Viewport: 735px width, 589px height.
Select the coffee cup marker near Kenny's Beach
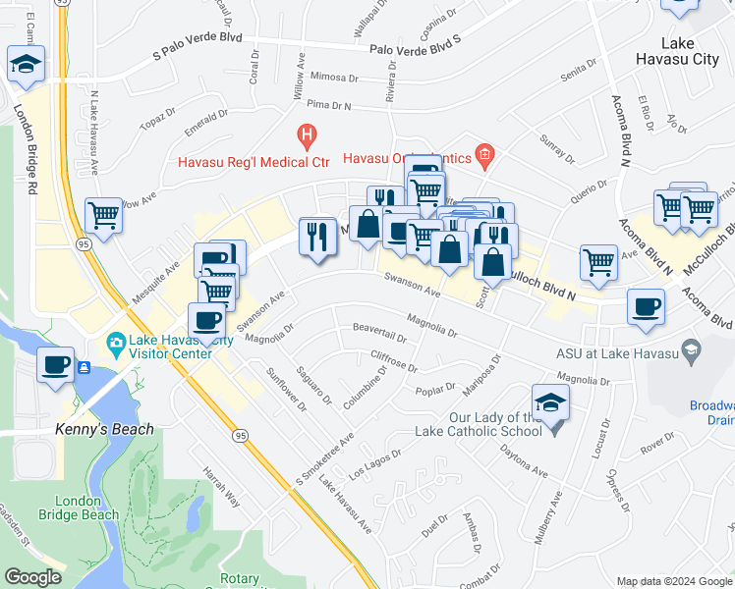(56, 365)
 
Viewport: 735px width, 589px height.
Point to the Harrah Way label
(221, 485)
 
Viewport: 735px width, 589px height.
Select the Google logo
(32, 577)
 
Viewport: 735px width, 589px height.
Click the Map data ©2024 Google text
(674, 580)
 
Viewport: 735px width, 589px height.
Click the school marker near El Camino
(24, 65)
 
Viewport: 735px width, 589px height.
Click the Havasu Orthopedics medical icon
(483, 153)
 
